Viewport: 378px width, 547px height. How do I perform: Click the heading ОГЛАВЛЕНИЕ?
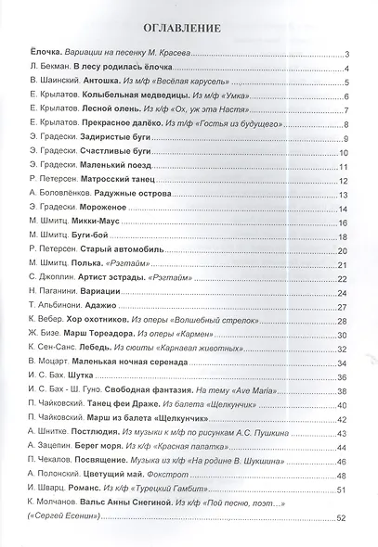pyautogui.click(x=189, y=29)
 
